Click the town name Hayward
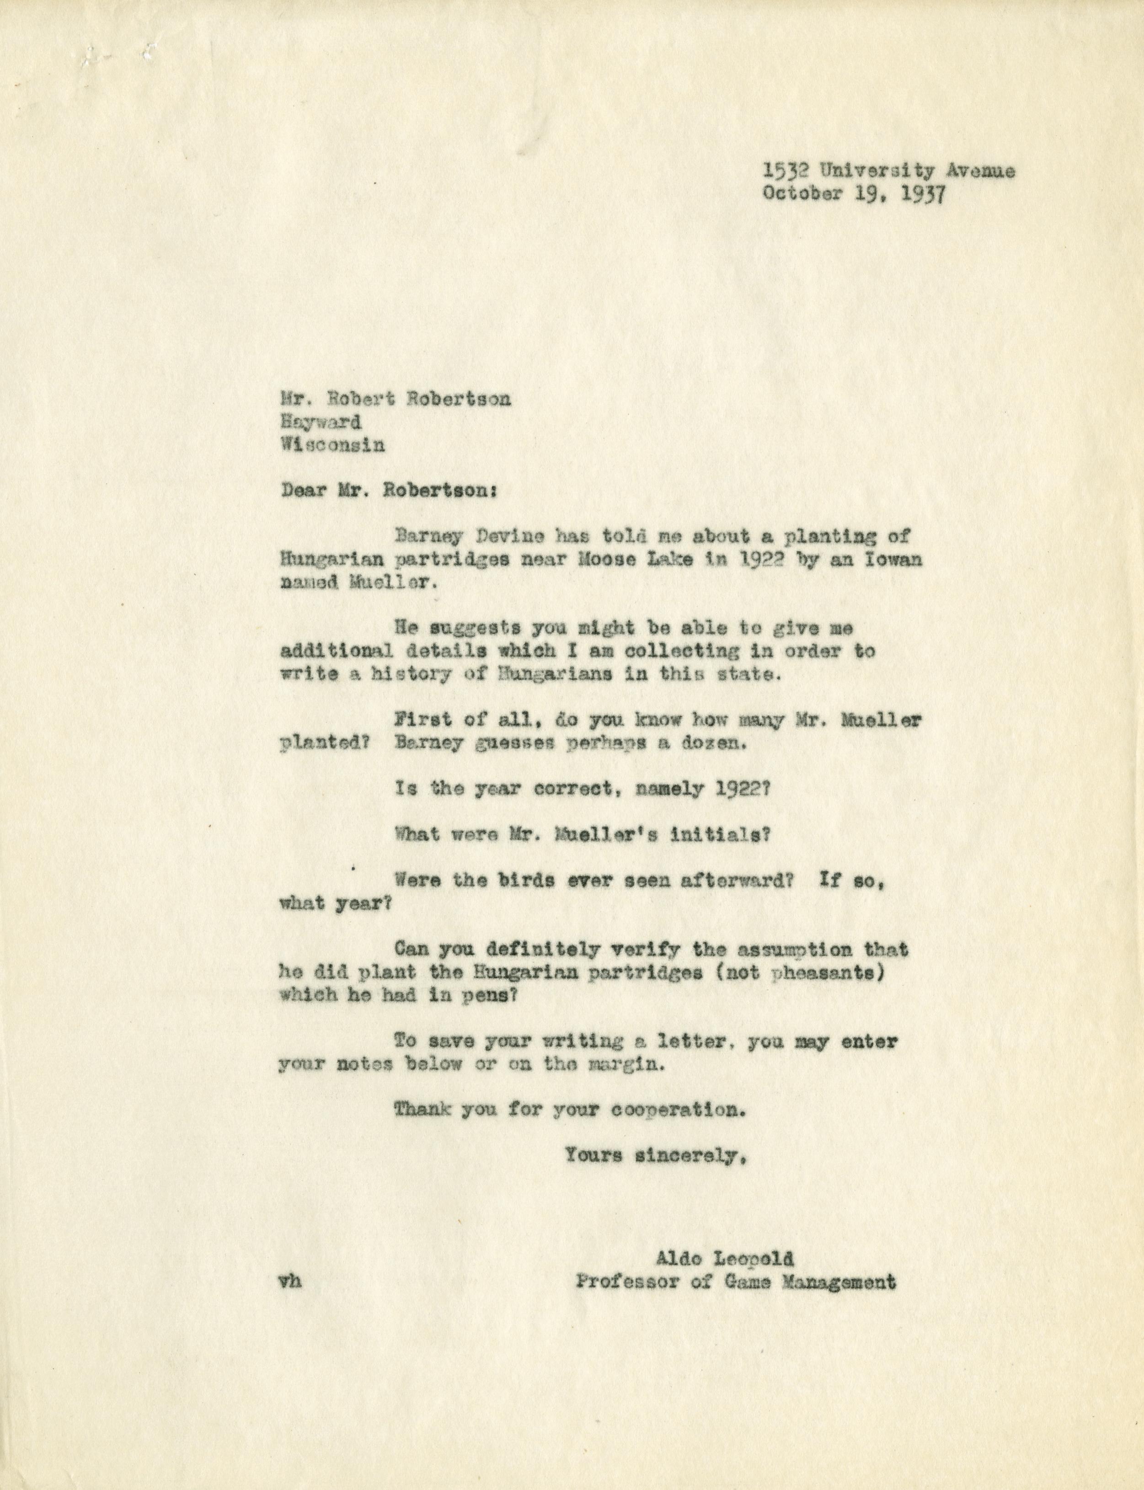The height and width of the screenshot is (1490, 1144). pyautogui.click(x=321, y=422)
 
